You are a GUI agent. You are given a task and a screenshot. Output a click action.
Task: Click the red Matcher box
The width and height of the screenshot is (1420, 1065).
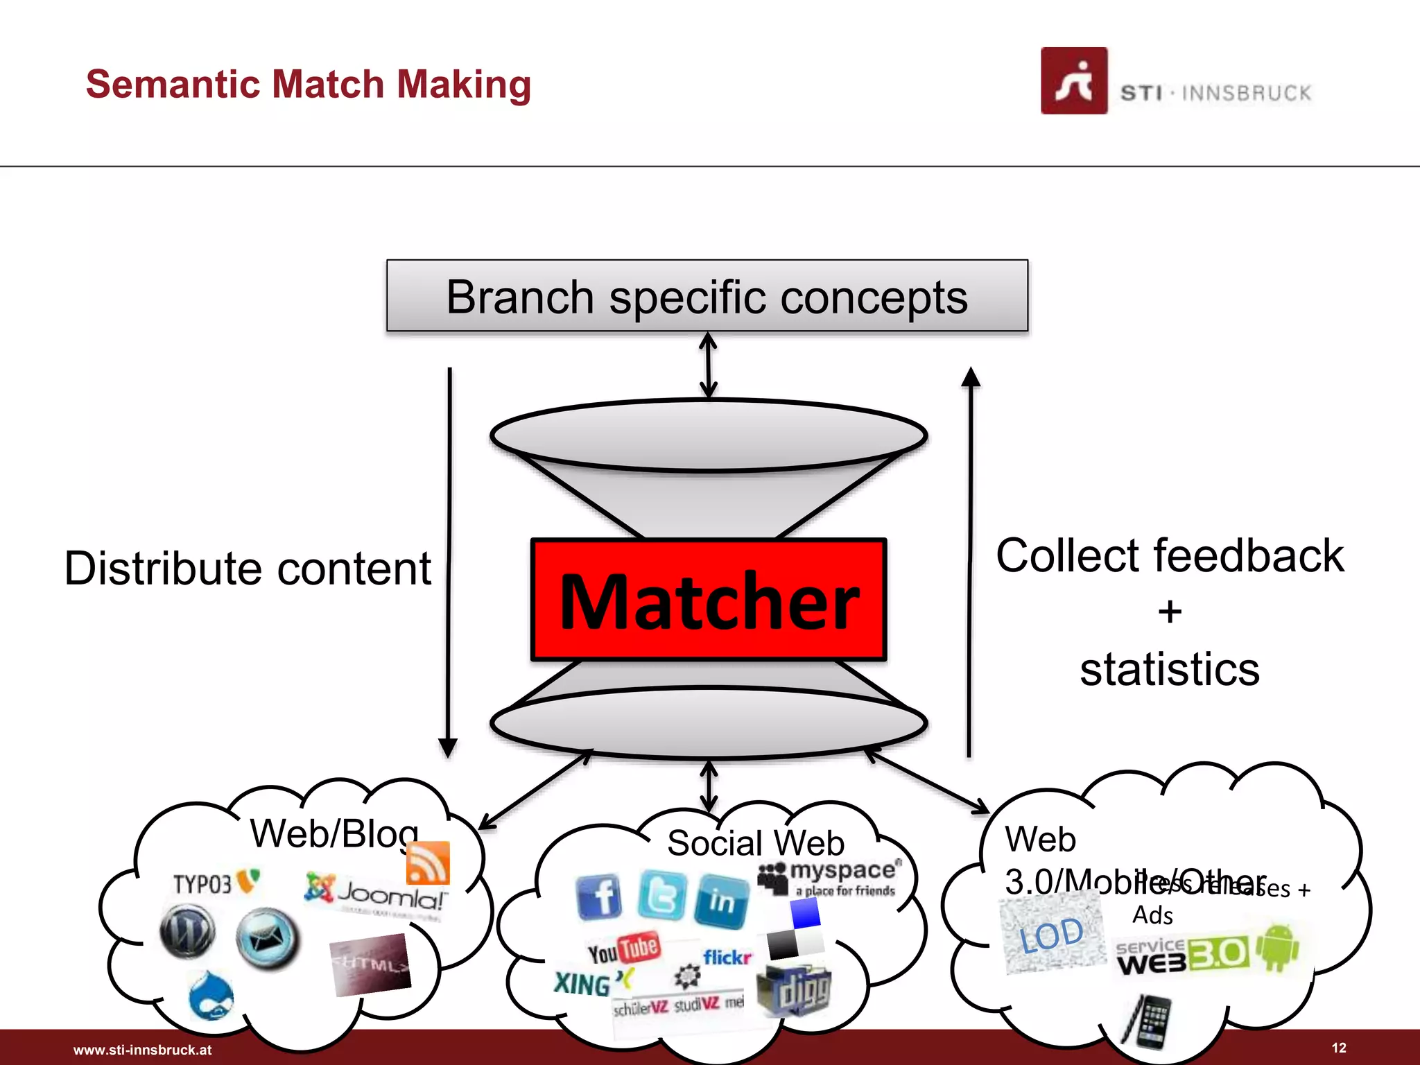(x=709, y=600)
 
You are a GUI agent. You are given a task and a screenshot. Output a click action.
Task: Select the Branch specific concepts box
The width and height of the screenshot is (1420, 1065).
(x=707, y=296)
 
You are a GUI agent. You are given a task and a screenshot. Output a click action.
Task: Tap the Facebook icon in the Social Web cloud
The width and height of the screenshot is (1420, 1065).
(x=599, y=897)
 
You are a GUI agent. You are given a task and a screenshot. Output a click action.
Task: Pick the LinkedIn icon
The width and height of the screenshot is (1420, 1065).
(x=722, y=901)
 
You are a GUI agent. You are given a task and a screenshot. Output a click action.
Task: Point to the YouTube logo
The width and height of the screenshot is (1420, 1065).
(x=624, y=950)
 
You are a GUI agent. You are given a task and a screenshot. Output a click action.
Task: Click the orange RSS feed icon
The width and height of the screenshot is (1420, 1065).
(x=428, y=863)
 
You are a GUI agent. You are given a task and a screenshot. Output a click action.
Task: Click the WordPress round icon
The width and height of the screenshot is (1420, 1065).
(x=187, y=933)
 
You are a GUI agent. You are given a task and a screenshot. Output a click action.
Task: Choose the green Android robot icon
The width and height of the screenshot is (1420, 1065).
(x=1279, y=948)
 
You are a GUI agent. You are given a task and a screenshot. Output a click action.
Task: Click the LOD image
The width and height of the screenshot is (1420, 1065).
(x=1052, y=933)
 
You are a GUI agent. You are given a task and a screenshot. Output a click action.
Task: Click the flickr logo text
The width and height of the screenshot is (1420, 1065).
(x=727, y=958)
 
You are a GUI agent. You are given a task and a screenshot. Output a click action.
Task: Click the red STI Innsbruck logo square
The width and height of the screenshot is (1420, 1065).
(x=1073, y=80)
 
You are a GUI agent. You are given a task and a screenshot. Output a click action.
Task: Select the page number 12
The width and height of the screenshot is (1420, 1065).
(x=1339, y=1048)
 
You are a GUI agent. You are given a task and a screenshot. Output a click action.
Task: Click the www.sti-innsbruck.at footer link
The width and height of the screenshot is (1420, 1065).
(x=142, y=1050)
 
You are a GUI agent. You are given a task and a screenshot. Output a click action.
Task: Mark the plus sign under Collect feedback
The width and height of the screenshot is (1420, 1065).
(x=1170, y=612)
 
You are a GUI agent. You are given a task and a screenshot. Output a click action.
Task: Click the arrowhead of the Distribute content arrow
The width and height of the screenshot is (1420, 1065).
(x=448, y=748)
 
